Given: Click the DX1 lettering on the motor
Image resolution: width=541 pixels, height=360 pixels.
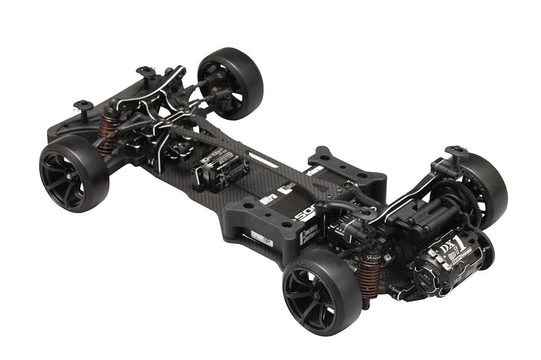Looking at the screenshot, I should coord(450,244).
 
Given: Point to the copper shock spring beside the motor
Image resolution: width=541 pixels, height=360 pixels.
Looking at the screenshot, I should coord(369,272).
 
